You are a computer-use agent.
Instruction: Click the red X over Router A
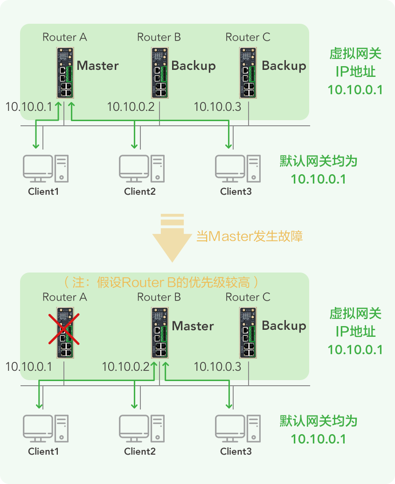(64, 329)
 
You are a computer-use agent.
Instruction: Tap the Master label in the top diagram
(97, 66)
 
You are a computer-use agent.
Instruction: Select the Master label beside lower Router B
(193, 326)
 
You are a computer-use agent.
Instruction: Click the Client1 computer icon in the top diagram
(46, 168)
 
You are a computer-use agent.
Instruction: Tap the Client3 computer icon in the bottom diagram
(238, 428)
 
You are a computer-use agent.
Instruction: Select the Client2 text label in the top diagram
(139, 191)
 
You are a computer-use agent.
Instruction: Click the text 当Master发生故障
(249, 236)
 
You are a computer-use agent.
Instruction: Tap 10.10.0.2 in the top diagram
(131, 107)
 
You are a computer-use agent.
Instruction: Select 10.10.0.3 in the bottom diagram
(217, 367)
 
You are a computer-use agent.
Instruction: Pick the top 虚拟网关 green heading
(355, 54)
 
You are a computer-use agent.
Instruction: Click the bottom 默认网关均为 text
(319, 421)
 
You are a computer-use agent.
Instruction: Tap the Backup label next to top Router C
(284, 66)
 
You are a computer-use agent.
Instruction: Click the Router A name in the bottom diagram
(64, 297)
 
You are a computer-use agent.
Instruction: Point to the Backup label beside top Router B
(194, 66)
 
